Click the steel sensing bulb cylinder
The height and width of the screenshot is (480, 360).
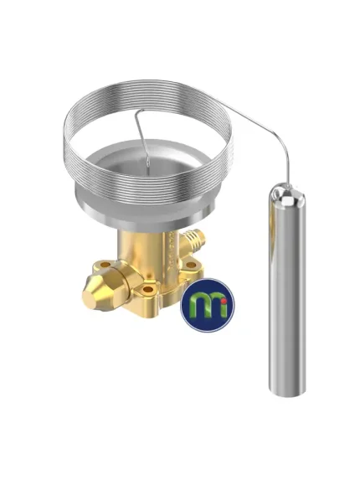point(286,291)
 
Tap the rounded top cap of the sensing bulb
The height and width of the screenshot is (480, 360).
point(286,194)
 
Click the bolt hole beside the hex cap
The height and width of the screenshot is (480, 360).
point(105,264)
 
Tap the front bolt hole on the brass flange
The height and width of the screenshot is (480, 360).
point(147,289)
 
